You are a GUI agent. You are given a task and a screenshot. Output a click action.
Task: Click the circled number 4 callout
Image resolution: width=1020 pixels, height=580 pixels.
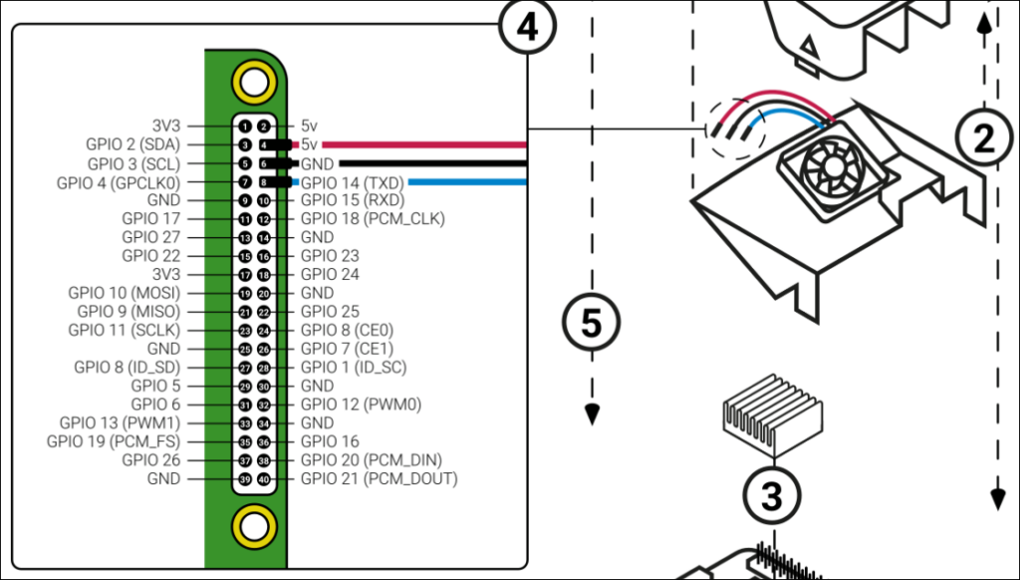527,28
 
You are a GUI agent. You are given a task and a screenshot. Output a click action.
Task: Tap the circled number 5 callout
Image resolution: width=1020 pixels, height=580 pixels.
592,322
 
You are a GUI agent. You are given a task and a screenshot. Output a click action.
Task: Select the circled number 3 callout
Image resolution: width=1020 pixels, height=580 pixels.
772,493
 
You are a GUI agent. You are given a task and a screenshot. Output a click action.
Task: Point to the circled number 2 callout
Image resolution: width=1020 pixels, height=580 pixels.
984,139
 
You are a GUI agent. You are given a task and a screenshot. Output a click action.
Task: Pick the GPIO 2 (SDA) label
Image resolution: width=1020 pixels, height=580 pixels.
132,145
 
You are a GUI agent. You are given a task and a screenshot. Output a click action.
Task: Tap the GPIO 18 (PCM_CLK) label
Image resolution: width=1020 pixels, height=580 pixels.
373,218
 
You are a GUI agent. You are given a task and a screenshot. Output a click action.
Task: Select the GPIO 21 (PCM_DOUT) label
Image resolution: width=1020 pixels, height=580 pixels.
379,478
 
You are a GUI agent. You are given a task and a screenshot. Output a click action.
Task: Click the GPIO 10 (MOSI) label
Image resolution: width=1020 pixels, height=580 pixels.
125,293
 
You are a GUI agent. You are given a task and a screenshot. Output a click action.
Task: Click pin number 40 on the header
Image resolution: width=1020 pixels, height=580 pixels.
264,479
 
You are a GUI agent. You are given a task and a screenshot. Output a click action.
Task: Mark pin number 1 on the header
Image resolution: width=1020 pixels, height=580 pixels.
245,127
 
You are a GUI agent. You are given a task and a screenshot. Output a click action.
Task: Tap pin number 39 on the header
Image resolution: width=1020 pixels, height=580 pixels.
245,479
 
